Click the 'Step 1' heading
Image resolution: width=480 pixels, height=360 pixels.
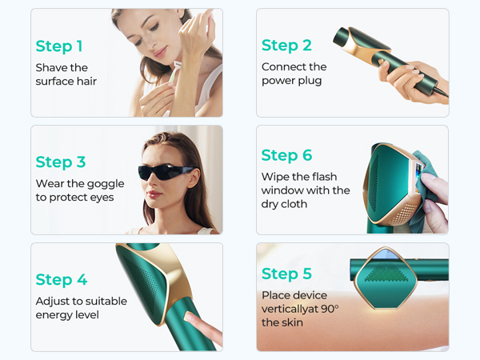(58, 46)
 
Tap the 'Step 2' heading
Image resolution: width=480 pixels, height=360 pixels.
(286, 46)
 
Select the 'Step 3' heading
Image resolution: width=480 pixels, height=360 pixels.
(60, 162)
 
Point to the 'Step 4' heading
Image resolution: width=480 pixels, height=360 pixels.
(61, 279)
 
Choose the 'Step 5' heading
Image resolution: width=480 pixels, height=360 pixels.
(286, 274)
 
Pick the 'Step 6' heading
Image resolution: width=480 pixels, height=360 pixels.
(286, 155)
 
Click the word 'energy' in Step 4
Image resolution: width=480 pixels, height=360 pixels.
(54, 315)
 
